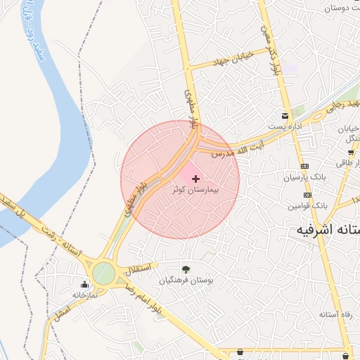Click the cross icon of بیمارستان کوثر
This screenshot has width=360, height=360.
[195, 179]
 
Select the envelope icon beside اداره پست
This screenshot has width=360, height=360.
[285, 115]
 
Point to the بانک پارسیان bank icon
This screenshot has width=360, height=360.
[304, 167]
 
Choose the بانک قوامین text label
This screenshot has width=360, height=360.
[308, 205]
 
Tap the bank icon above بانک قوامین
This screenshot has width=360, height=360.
[307, 195]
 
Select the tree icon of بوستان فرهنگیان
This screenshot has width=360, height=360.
[186, 269]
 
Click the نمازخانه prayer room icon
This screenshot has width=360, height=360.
[85, 285]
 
